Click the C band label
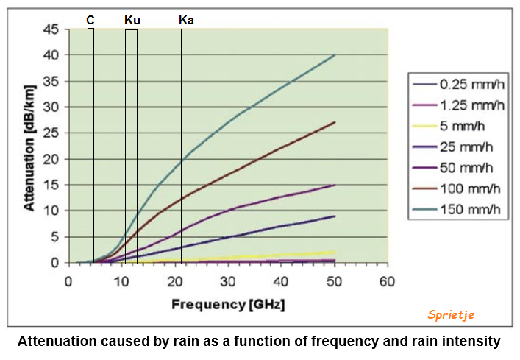tap(90, 21)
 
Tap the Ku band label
tap(132, 21)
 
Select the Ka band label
tap(186, 21)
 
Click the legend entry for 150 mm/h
tap(471, 208)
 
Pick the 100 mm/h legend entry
tap(471, 188)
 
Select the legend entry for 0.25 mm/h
tap(471, 83)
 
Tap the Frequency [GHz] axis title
tap(228, 303)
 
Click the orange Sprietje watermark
tap(451, 314)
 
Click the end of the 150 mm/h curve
tap(335, 55)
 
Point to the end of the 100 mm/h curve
tap(335, 122)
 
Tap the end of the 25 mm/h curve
tap(335, 216)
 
